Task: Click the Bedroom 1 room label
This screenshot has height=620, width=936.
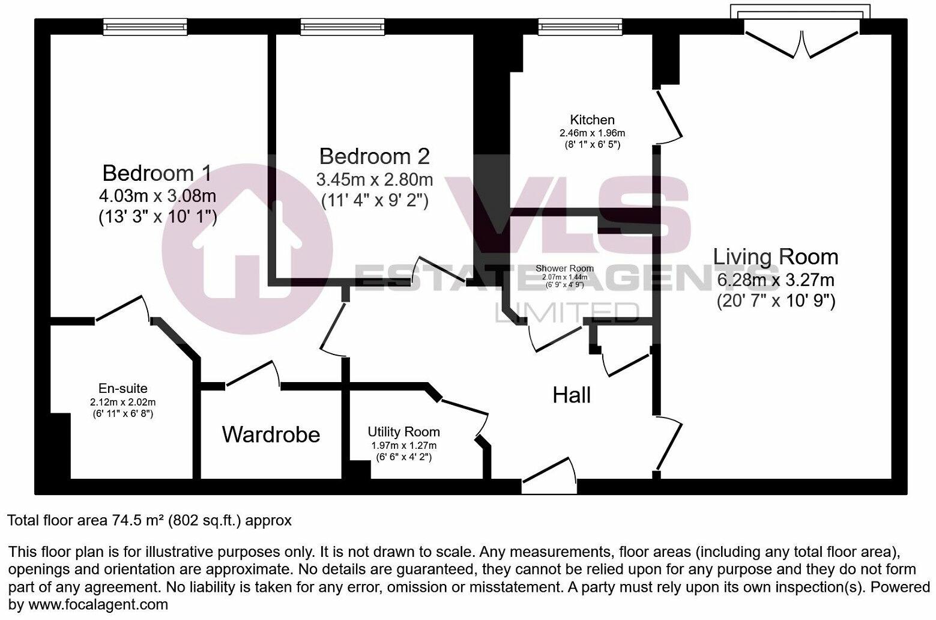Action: tap(157, 173)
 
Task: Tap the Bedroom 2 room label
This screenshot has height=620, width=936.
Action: tap(375, 156)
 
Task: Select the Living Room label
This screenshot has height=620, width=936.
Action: tap(776, 257)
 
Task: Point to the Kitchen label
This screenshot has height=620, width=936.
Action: tap(592, 120)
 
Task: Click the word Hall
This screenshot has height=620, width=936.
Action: tap(572, 395)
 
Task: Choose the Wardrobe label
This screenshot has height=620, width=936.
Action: tap(271, 434)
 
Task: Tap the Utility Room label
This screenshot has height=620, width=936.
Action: tap(403, 431)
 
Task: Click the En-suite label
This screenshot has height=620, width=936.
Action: tap(123, 388)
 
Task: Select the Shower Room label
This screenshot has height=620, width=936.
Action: tap(564, 269)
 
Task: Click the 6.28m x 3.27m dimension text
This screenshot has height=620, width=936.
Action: tap(776, 279)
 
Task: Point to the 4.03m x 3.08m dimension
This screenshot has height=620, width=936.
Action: tap(157, 196)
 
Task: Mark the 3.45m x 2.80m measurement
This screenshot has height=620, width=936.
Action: tap(375, 179)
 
